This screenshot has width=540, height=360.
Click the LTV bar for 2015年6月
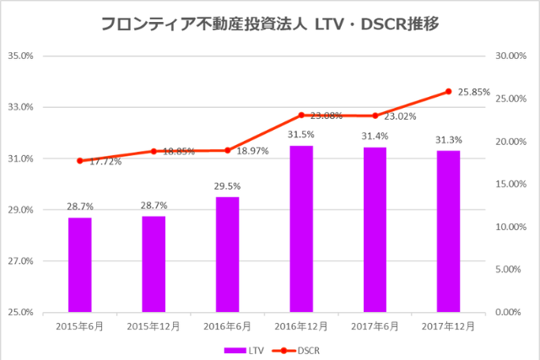coord(80,265)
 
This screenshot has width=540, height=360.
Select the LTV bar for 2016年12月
coord(301,228)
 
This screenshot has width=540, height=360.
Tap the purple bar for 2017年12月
coord(449,231)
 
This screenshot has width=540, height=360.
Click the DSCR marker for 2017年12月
coord(449,91)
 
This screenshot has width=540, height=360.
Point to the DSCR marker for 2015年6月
coord(80,160)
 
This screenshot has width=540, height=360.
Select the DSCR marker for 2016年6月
coord(228,150)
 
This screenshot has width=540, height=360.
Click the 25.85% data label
coord(474,92)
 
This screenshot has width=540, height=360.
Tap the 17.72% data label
coord(105,160)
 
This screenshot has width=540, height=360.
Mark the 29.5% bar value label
coord(227,186)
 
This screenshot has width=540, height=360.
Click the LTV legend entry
coord(239,349)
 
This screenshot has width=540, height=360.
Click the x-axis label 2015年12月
coord(154,325)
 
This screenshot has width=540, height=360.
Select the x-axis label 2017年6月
coord(375,325)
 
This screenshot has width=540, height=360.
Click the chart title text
coord(269,24)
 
